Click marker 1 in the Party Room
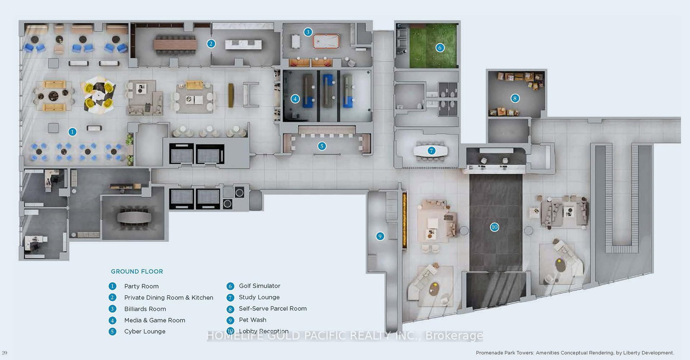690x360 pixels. (x=72, y=132)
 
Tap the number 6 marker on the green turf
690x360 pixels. (x=439, y=47)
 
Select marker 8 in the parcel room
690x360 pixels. (x=514, y=98)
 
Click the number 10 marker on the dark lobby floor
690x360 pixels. (x=494, y=227)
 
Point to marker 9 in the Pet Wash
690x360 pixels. (x=380, y=236)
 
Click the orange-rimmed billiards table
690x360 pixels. (x=326, y=41)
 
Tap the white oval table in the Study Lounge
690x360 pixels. (x=430, y=150)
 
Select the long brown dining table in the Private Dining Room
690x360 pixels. (x=176, y=44)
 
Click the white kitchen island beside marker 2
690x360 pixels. (x=243, y=44)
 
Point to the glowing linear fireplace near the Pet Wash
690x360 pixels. (x=405, y=220)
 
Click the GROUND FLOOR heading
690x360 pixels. (x=137, y=272)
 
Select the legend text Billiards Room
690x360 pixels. (x=145, y=309)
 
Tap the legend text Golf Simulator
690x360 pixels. (x=260, y=286)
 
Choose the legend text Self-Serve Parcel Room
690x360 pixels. (x=273, y=309)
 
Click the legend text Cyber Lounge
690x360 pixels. (x=144, y=332)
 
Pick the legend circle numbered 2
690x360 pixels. (x=112, y=297)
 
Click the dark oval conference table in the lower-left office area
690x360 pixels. (x=134, y=216)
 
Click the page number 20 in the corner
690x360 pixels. (x=5, y=353)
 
